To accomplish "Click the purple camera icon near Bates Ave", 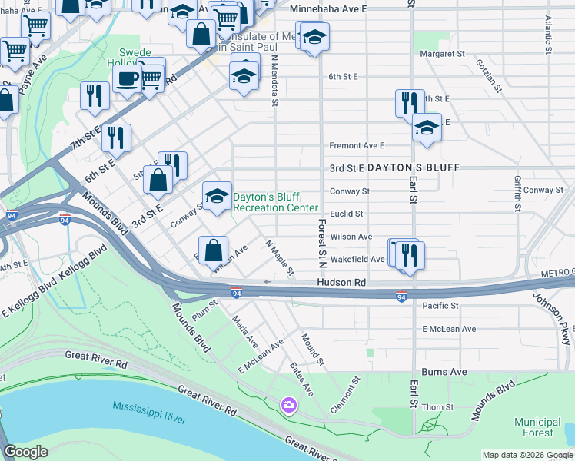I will coord(288,404).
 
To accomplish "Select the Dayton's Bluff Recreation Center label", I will coord(275,202).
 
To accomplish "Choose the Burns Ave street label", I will coord(445,372).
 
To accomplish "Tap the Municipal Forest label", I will coord(537,428).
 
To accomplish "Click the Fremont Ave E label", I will coord(356,145).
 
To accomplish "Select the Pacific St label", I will coord(440,306).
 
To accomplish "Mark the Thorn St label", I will coord(438,408).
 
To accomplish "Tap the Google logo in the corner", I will coord(26,452).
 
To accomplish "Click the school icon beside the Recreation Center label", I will coord(217,196).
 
